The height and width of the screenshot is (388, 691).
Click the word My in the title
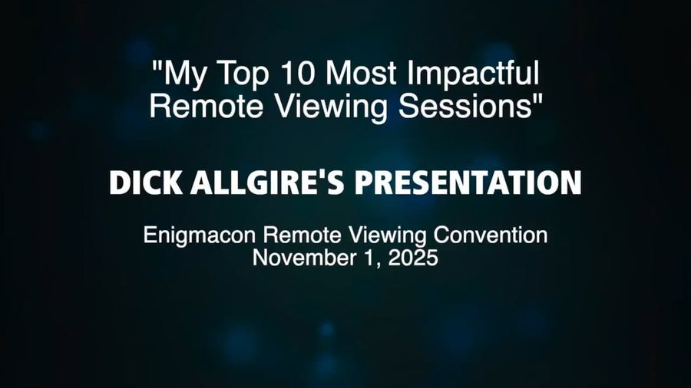tap(184, 75)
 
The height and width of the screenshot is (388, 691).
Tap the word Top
tap(238, 74)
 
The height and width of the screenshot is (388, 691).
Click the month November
tap(301, 258)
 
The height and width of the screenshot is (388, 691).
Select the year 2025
tap(413, 258)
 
